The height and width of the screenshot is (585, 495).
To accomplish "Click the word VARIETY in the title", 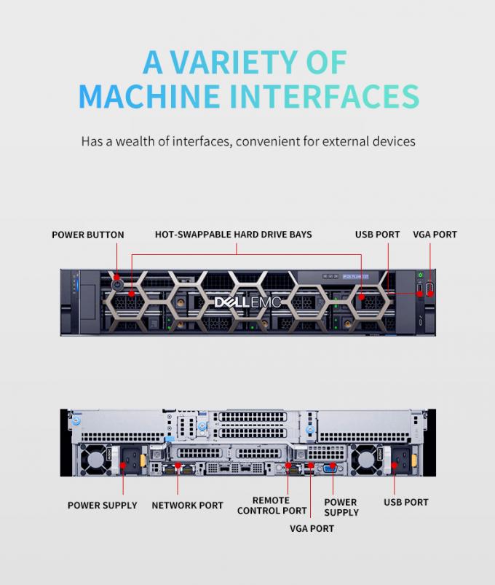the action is tap(234, 62).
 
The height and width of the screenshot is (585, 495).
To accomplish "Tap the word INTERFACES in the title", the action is tap(324, 96).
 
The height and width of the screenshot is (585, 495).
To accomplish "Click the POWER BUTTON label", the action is tap(88, 235).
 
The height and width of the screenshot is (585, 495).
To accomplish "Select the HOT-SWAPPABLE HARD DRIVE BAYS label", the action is tap(234, 235).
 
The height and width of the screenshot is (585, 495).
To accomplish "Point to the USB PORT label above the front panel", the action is tap(377, 235).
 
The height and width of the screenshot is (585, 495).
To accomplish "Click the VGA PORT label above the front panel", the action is tap(435, 235).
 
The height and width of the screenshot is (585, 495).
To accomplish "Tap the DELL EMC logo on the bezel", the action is tap(247, 302).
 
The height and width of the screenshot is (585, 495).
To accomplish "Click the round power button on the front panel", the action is tap(117, 285).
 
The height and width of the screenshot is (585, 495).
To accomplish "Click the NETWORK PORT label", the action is tap(187, 505).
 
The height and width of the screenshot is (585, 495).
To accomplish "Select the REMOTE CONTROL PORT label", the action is tap(272, 505).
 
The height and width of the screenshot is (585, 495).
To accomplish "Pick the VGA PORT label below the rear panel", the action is tap(312, 528).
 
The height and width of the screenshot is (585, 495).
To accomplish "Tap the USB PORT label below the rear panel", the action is tap(406, 502).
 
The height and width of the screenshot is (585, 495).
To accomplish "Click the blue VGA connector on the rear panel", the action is tap(330, 468).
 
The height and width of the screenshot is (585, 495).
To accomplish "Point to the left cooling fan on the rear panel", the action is tap(93, 459).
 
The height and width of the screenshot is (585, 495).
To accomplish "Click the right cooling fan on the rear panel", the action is tap(363, 459).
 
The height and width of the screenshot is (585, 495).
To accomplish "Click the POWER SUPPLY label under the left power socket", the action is tap(102, 505).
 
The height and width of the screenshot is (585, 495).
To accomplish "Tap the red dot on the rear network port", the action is tap(178, 466).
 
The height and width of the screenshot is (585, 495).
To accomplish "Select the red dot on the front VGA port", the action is tap(430, 294).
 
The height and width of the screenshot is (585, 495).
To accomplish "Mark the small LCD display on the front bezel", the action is tap(355, 276).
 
